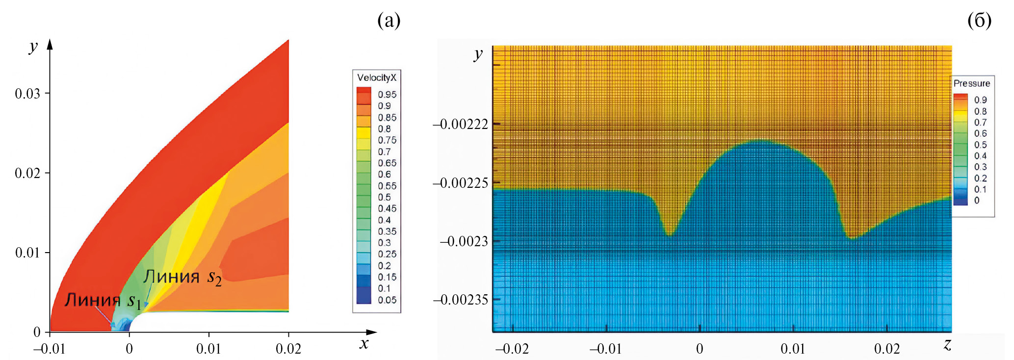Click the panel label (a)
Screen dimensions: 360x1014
tap(389, 21)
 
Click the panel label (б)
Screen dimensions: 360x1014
tap(979, 21)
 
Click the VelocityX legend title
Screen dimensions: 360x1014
tap(376, 77)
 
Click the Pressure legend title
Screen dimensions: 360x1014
tap(971, 83)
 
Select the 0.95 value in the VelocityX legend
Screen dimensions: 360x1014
tap(387, 94)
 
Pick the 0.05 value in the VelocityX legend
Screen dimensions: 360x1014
tap(387, 300)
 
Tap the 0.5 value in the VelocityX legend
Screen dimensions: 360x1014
tap(384, 197)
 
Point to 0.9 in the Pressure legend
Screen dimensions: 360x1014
tap(980, 100)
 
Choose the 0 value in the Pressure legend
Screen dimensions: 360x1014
tap(976, 200)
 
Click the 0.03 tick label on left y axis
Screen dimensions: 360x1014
tap(27, 94)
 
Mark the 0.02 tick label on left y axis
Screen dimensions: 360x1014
tap(27, 173)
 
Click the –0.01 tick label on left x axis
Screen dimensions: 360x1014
tap(49, 349)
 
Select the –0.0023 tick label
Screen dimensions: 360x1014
tap(464, 241)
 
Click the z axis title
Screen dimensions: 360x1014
tap(947, 345)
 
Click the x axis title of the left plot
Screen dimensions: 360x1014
tap(364, 344)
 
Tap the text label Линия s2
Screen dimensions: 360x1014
tap(182, 277)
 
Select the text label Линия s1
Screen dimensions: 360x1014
tap(103, 300)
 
